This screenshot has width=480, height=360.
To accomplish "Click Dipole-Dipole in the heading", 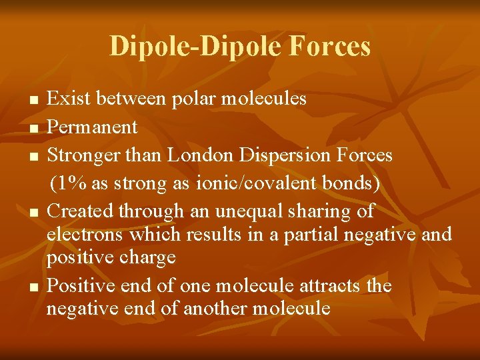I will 197,47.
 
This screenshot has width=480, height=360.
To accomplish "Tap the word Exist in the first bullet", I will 69,99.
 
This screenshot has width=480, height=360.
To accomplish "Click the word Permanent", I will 93,127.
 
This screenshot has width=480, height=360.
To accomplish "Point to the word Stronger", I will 86,155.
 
